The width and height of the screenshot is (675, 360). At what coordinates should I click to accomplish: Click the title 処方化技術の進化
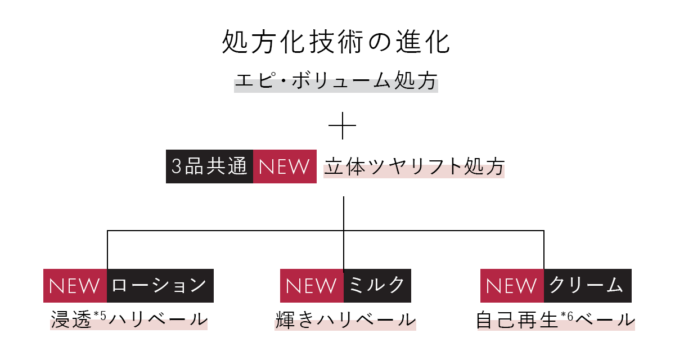click(336, 42)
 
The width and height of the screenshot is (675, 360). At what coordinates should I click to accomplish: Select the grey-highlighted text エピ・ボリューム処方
click(336, 81)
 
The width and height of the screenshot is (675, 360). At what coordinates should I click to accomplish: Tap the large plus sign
click(343, 125)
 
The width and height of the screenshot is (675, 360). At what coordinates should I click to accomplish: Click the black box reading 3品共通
click(209, 166)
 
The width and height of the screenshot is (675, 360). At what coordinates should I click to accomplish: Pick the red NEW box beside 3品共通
click(285, 166)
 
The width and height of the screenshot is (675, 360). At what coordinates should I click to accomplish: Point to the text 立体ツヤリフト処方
click(414, 166)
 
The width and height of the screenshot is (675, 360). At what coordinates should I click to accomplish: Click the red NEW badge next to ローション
click(75, 286)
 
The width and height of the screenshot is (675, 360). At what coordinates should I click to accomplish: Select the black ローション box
click(160, 286)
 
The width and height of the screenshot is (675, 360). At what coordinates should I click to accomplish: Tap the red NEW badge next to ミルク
click(312, 286)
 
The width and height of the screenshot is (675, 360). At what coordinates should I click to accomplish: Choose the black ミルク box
click(377, 286)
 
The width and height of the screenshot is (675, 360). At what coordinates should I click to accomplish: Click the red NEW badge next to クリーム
click(512, 286)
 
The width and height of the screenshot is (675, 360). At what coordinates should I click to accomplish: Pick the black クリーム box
click(588, 286)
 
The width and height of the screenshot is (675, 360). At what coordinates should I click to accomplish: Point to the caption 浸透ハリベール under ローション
click(129, 319)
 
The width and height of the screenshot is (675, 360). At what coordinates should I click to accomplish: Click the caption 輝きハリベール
click(345, 319)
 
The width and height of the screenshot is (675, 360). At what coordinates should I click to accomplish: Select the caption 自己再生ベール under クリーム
click(556, 319)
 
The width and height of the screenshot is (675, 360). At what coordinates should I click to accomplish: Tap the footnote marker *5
click(100, 316)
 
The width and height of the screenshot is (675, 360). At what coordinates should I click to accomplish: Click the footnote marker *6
click(567, 316)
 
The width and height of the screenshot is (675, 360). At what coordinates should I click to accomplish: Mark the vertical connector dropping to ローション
click(107, 250)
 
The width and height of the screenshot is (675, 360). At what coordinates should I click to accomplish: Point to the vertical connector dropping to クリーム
click(544, 250)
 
